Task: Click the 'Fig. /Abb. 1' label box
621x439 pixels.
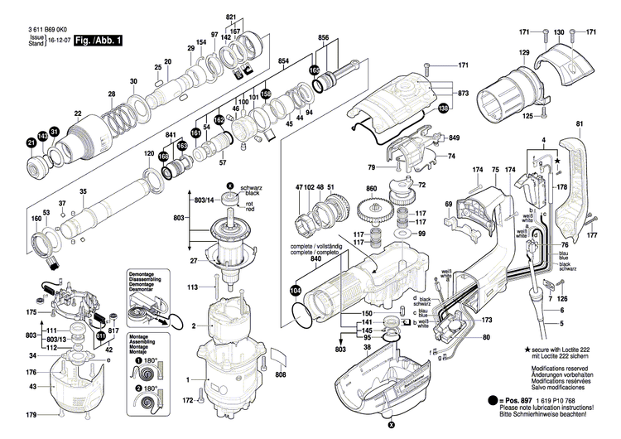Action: [x=97, y=39]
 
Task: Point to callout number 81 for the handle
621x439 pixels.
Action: [x=579, y=124]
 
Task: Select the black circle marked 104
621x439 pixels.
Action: [x=296, y=290]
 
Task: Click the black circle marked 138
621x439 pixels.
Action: [x=443, y=109]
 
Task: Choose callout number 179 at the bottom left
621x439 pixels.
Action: [x=29, y=415]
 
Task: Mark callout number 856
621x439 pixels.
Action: [x=324, y=38]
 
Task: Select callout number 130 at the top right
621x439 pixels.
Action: [x=560, y=31]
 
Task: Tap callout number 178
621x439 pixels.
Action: [x=562, y=188]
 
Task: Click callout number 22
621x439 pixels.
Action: [x=78, y=113]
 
